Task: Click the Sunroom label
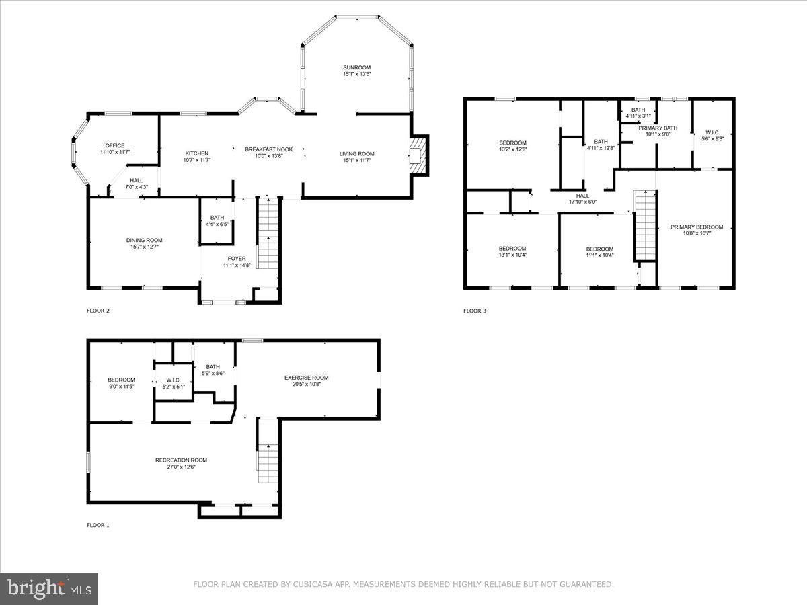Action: coord(356,67)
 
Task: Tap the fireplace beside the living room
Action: coord(420,155)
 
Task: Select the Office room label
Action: coord(115,145)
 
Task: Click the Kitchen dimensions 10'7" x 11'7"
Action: coord(197,160)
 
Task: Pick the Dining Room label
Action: coord(144,240)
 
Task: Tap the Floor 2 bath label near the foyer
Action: coord(217,217)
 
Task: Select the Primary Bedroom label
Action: coord(697,227)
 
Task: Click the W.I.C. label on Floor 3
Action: coord(712,132)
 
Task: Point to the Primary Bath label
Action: coord(658,128)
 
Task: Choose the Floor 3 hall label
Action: coord(582,196)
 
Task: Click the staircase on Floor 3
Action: coord(645,225)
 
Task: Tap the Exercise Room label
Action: coord(306,377)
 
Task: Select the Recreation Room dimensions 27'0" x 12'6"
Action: coord(181,467)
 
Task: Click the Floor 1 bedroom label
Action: coord(122,380)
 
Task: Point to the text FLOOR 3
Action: coord(475,311)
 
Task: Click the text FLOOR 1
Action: coord(98,525)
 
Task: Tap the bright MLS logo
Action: coord(49,589)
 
